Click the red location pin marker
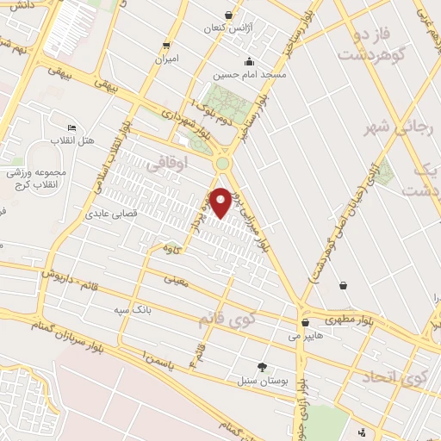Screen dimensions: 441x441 coord(221,201)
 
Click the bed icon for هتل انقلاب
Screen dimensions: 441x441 coord(72,127)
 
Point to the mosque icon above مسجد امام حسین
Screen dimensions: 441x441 coord(249,61)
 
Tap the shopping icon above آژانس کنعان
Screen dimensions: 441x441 coord(227,15)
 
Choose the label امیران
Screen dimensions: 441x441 coord(165,59)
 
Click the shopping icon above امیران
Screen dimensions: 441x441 coord(165,46)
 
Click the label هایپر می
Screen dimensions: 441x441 coord(306,336)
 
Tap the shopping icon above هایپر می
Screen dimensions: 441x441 coord(306,323)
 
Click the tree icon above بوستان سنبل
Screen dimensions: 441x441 coord(262,367)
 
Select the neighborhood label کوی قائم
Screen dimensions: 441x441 coord(228,320)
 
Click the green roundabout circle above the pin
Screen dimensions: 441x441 coord(223,164)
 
